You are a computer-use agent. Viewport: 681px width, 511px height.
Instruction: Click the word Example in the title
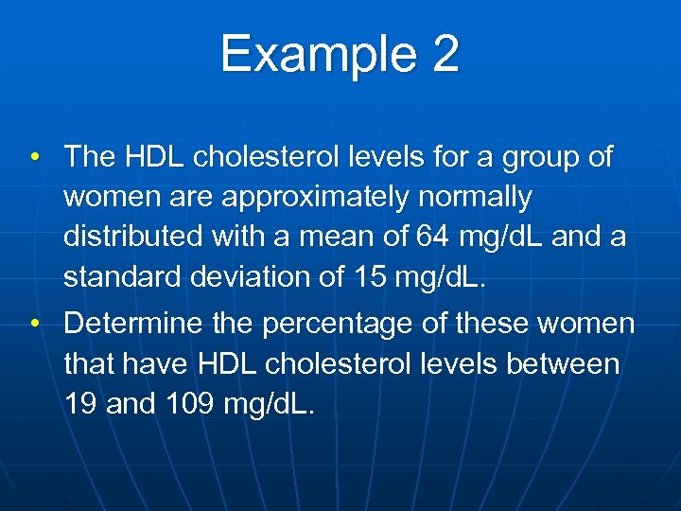click(308, 54)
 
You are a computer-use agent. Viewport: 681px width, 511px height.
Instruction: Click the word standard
click(120, 277)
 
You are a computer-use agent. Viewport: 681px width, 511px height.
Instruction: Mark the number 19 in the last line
click(79, 404)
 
